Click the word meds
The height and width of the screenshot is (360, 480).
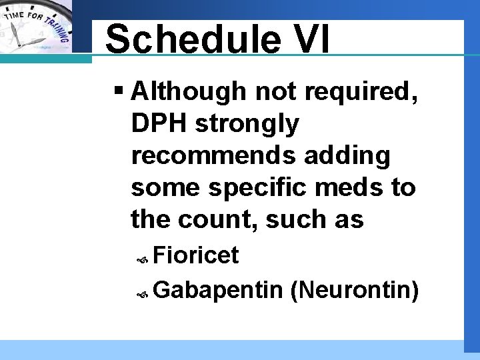[358, 187]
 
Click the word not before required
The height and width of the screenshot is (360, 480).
[274, 91]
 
